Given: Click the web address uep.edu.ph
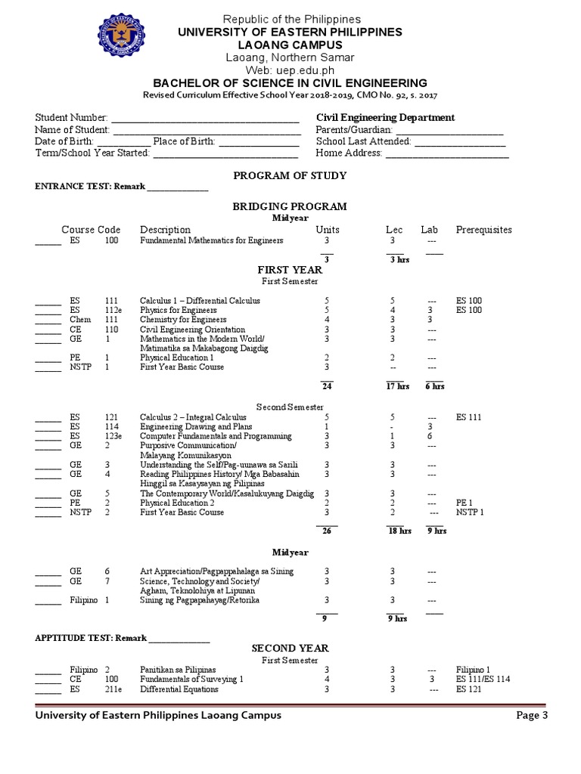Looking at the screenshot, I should click(x=290, y=70).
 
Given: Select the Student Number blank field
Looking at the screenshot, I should click(x=205, y=118).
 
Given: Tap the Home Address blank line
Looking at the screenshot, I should click(x=447, y=153).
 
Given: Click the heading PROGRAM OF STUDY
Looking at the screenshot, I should click(x=290, y=176).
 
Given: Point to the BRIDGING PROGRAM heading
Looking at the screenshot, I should click(x=290, y=206).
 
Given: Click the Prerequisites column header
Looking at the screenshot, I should click(x=483, y=230).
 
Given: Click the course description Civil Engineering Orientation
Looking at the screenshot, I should click(x=192, y=330).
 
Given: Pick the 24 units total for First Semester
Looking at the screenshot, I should click(x=327, y=386).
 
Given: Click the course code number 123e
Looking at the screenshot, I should click(x=113, y=436).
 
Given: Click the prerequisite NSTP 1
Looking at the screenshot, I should click(x=470, y=512).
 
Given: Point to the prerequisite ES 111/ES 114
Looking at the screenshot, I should click(x=483, y=680).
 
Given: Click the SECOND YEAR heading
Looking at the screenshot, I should click(x=290, y=649).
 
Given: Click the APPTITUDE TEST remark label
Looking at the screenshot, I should click(x=91, y=638).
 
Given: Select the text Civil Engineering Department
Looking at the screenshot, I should click(x=385, y=118).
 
